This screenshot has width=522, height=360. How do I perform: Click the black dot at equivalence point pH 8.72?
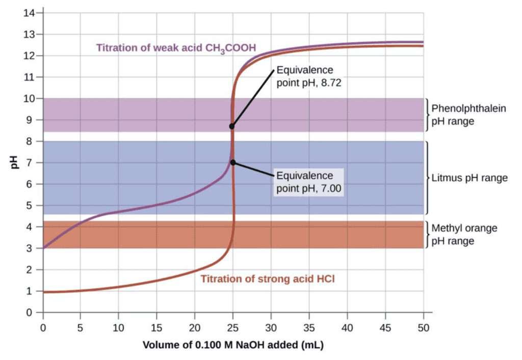point(232,126)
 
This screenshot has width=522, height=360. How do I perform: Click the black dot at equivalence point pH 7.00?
point(233,162)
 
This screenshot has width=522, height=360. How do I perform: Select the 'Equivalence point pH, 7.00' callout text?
point(308,182)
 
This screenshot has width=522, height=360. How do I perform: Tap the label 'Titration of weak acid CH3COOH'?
point(176,48)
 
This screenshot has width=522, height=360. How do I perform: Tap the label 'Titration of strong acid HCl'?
point(268,279)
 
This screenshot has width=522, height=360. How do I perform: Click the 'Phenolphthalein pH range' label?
point(468,115)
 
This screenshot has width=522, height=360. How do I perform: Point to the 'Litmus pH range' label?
point(469,178)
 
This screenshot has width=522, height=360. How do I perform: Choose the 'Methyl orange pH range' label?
point(464,235)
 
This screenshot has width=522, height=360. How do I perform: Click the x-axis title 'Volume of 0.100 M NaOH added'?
point(233,345)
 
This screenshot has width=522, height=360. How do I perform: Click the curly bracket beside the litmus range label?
point(428,177)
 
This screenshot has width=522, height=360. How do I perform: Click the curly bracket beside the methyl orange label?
point(428,235)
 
